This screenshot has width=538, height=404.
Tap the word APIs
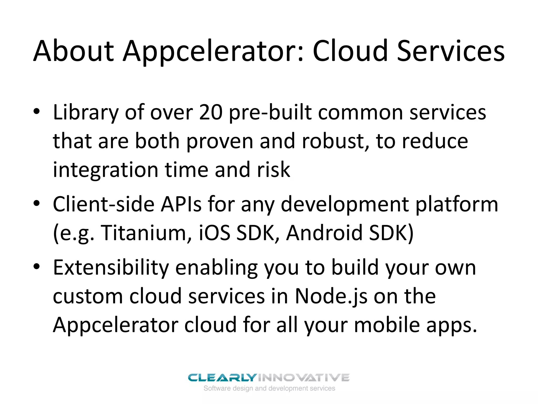point(181,204)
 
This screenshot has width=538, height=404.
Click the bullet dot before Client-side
point(37,203)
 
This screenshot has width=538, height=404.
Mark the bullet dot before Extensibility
point(37,267)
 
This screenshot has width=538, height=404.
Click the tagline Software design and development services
point(269,388)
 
